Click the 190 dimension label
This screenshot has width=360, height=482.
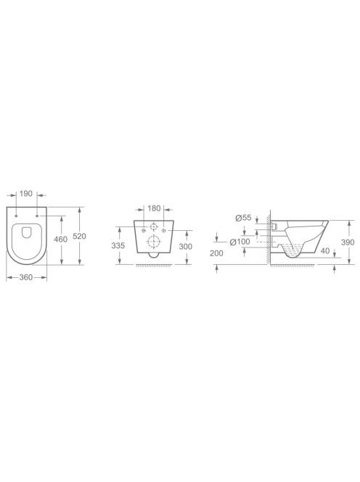pos(26,194)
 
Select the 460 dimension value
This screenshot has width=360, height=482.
pos(60,239)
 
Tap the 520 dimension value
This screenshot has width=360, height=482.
pos(79,236)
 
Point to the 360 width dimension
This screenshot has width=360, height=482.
pos(26,277)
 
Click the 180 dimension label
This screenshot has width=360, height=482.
pos(154,208)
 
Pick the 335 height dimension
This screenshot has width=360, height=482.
pos(118,245)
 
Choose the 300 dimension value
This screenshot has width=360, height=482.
pos(185,246)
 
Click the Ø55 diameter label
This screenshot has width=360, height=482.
pos(243,218)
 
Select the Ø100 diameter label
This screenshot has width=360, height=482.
pos(240,242)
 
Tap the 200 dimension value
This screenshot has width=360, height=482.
pos(216,253)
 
